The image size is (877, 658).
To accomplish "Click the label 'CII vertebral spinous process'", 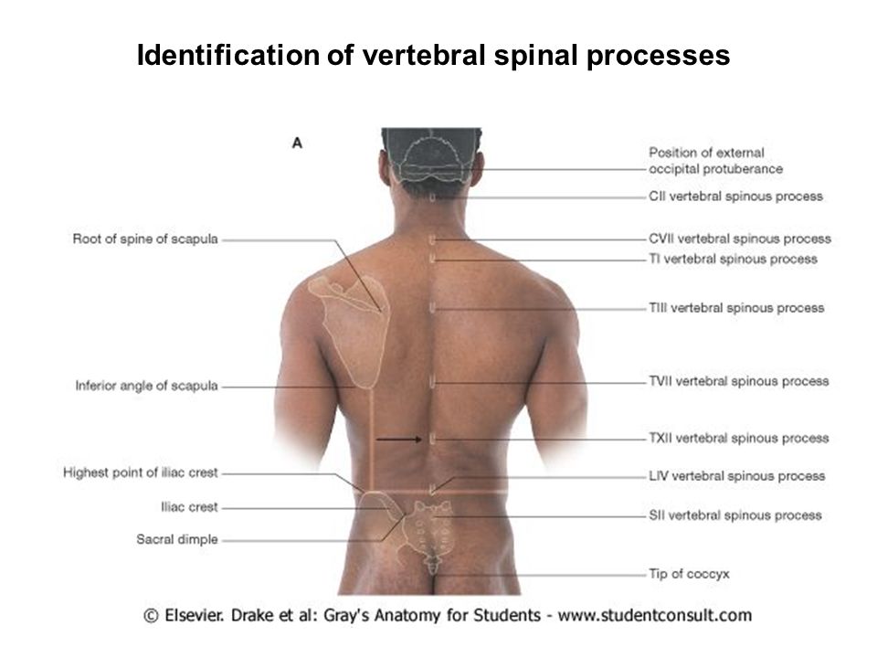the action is (735, 196).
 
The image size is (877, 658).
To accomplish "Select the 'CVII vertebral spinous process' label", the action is (739, 239).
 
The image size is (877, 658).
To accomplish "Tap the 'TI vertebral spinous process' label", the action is (733, 259).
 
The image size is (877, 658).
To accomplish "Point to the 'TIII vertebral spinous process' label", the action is (736, 308).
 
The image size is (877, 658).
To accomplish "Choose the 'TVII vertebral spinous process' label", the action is (738, 381).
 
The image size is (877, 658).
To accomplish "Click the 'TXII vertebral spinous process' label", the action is (738, 438).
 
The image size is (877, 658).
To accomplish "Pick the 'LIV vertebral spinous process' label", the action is (736, 476).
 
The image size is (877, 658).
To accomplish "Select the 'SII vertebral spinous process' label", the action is (734, 515).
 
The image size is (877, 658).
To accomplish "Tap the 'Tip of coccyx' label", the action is (689, 574).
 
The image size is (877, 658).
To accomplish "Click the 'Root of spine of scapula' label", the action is (145, 239).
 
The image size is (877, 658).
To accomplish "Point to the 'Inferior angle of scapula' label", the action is (146, 386).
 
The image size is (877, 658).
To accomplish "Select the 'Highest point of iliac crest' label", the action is (140, 472).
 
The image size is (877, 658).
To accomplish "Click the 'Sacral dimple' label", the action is (176, 539).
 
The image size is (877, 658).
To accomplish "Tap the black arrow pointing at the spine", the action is (399, 440).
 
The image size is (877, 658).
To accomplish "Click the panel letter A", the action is (297, 143).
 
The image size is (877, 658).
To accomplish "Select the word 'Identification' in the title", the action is (228, 55).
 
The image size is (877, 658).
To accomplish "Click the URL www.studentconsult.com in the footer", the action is (654, 615).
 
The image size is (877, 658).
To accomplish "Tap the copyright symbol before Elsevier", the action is (151, 616).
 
